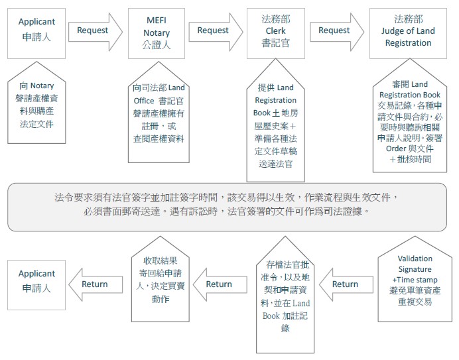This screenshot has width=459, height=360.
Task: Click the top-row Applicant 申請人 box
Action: pyautogui.click(x=36, y=33)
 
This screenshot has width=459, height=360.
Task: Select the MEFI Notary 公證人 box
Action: pyautogui.click(x=157, y=33)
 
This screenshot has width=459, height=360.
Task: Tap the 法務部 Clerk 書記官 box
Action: pyautogui.click(x=276, y=33)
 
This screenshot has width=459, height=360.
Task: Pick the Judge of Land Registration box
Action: pyautogui.click(x=408, y=33)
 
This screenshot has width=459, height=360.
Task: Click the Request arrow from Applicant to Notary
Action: pyautogui.click(x=96, y=32)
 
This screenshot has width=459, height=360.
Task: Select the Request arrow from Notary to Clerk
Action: pyautogui.click(x=216, y=32)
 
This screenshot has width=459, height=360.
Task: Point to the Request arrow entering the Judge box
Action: pyautogui.click(x=337, y=32)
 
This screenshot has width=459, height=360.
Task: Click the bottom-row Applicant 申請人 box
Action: pyautogui.click(x=36, y=285)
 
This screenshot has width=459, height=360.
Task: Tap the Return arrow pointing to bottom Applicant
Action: pyautogui.click(x=96, y=284)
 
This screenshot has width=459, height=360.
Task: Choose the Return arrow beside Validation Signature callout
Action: pyautogui.click(x=346, y=284)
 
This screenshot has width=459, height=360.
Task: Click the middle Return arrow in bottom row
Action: pyautogui.click(x=220, y=284)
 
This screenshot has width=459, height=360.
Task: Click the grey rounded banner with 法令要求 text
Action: pyautogui.click(x=227, y=208)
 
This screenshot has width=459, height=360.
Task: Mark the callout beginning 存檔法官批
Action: pyautogui.click(x=285, y=296)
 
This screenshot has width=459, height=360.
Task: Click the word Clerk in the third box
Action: pyautogui.click(x=275, y=30)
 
